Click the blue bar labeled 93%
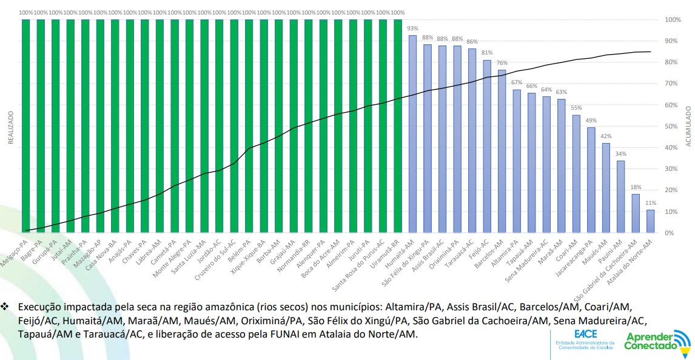[x=412, y=133]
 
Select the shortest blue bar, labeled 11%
[x=651, y=221]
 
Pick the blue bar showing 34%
[x=621, y=196]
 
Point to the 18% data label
[x=636, y=187]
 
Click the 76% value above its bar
[x=502, y=63]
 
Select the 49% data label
[x=591, y=121]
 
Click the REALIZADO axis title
[x=10, y=127]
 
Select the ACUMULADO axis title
[x=689, y=127]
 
